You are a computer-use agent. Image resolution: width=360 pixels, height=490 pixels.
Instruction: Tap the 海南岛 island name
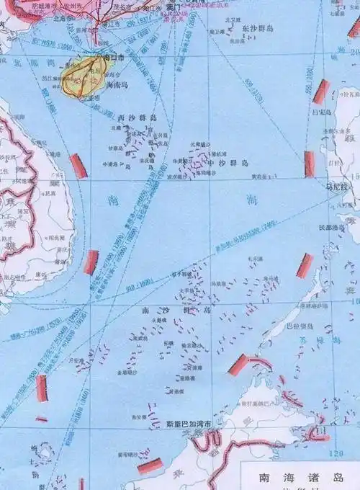pos(118,84)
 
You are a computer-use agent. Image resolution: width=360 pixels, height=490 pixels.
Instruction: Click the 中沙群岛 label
pos(223,164)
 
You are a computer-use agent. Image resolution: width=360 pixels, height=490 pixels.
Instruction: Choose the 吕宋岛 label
pos(342,114)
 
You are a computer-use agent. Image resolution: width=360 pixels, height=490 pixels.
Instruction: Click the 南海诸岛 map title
pos(292,478)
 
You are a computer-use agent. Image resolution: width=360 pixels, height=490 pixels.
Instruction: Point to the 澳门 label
pos(173,6)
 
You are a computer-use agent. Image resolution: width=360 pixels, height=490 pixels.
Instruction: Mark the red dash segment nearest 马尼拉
pos(310,164)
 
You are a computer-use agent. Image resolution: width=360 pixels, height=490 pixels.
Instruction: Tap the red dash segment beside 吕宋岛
pos(320,92)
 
